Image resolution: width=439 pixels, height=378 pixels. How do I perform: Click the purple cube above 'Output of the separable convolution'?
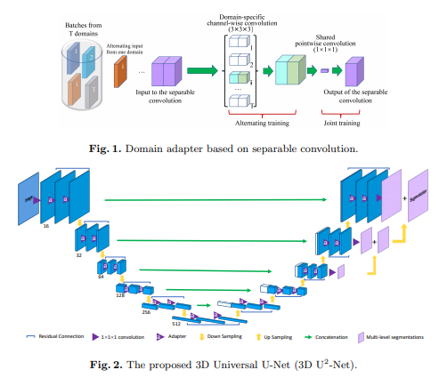pos(354,71)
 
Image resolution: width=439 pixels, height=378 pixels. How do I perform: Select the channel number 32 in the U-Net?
pos(78,253)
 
